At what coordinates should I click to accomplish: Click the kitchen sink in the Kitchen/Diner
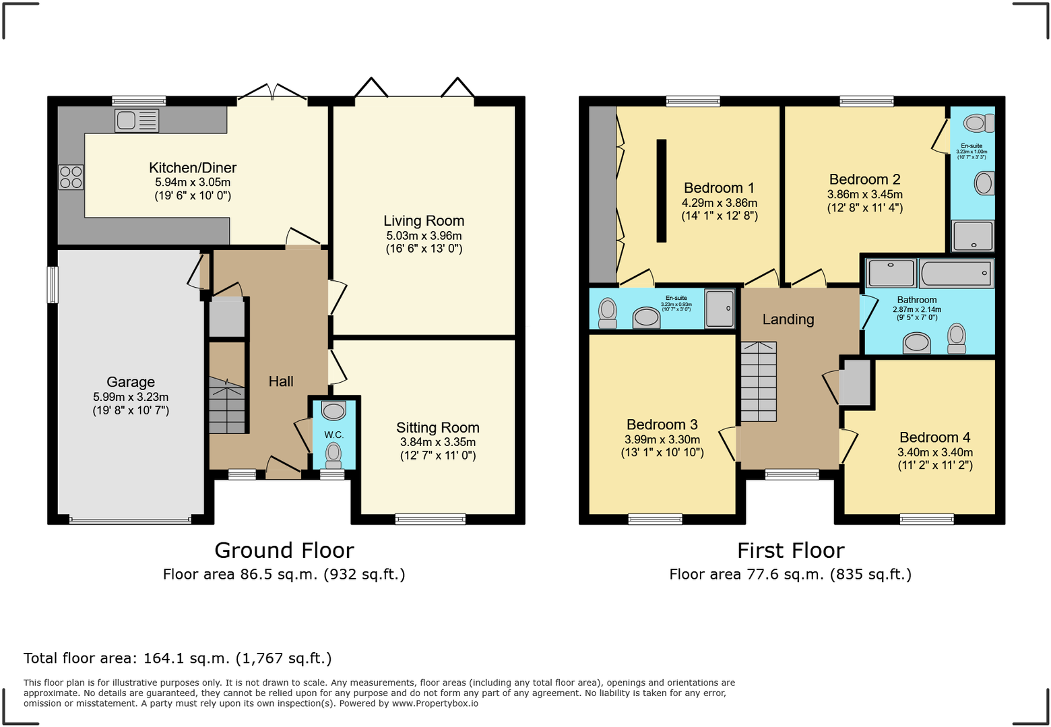point(137,121)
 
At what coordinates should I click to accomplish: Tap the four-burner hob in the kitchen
point(71,177)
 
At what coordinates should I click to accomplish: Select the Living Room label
point(424,221)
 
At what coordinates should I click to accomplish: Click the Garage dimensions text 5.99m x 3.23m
point(131,397)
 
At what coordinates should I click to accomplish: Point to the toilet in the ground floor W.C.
point(333,454)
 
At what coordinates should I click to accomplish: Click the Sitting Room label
point(437,428)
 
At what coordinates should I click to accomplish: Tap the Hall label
point(281,381)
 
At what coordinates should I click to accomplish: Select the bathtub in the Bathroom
point(956,274)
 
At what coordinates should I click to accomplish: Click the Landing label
point(788,319)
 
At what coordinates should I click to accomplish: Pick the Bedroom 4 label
point(934,437)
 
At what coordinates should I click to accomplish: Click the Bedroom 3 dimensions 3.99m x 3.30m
point(662,439)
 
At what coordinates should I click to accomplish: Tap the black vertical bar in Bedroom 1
point(662,190)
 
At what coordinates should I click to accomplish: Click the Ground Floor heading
point(284,550)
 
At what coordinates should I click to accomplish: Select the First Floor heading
point(790,550)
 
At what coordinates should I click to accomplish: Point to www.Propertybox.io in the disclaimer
point(435,703)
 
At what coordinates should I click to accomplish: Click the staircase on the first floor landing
point(759,381)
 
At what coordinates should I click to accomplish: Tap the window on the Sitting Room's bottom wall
point(430,519)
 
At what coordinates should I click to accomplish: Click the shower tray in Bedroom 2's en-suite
point(972,236)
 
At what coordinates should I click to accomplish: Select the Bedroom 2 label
point(864,179)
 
